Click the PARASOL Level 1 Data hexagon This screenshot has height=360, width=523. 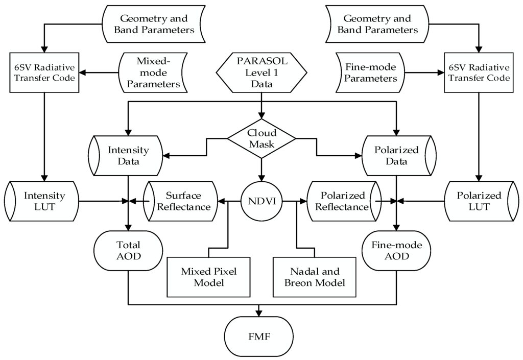pyautogui.click(x=261, y=73)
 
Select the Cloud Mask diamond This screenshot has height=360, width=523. pyautogui.click(x=261, y=139)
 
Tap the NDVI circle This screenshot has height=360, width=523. pyautogui.click(x=261, y=201)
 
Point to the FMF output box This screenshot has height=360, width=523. pyautogui.click(x=259, y=337)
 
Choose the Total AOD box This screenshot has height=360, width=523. pyautogui.click(x=128, y=251)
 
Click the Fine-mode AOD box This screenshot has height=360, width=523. pyautogui.click(x=396, y=251)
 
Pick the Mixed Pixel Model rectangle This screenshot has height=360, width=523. pyautogui.click(x=209, y=277)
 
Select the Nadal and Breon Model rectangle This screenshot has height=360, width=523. pyautogui.click(x=315, y=277)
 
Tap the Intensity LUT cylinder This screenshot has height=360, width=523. pyautogui.click(x=42, y=201)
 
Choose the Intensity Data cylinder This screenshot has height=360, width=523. pyautogui.click(x=126, y=156)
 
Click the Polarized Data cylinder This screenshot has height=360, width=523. pyautogui.click(x=399, y=156)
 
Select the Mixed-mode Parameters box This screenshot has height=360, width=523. pyautogui.click(x=153, y=73)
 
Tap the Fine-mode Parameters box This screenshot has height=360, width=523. pyautogui.click(x=370, y=73)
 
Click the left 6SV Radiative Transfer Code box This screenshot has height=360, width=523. pyautogui.click(x=44, y=73)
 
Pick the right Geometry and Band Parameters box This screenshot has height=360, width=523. pyautogui.click(x=377, y=24)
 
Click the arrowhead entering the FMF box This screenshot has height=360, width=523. pyautogui.click(x=259, y=313)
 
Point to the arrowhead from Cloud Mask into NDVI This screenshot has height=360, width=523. pyautogui.click(x=261, y=178)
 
